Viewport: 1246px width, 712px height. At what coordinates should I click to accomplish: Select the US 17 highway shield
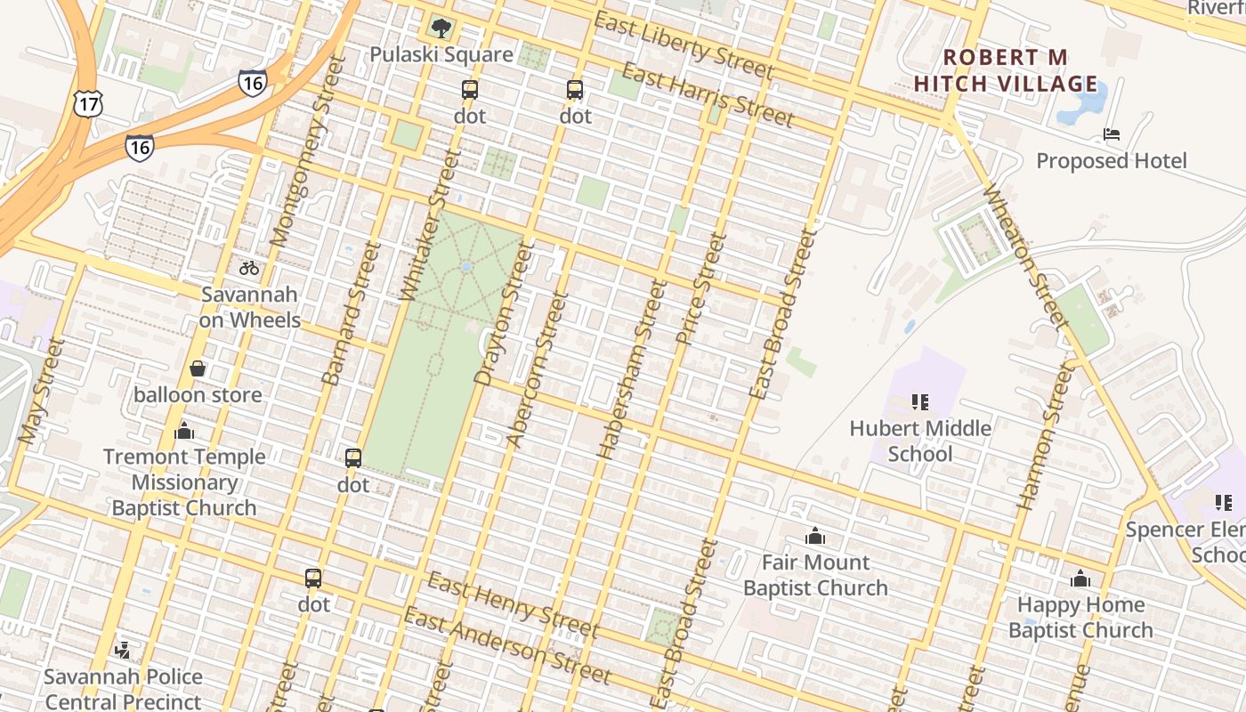(88, 104)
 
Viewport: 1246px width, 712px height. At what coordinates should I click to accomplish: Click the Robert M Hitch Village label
(1006, 71)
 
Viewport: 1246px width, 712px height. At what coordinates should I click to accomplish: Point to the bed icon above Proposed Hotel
(1112, 134)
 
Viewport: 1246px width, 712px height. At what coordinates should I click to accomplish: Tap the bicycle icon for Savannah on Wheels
(249, 268)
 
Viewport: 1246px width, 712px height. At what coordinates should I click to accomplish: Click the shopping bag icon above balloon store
(198, 368)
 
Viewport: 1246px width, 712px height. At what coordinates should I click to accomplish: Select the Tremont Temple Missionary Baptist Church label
(184, 482)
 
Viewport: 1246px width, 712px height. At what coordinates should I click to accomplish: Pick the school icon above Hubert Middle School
(920, 402)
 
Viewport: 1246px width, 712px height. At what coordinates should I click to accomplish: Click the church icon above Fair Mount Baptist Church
(815, 536)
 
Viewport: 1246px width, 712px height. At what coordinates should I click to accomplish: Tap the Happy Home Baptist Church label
(1080, 618)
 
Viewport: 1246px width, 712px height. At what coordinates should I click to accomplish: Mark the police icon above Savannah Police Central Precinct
(124, 651)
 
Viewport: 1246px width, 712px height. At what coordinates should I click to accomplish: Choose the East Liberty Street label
(683, 44)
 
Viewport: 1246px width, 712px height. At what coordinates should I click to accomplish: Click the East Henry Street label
(512, 606)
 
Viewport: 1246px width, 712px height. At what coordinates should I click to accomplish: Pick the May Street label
(42, 391)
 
